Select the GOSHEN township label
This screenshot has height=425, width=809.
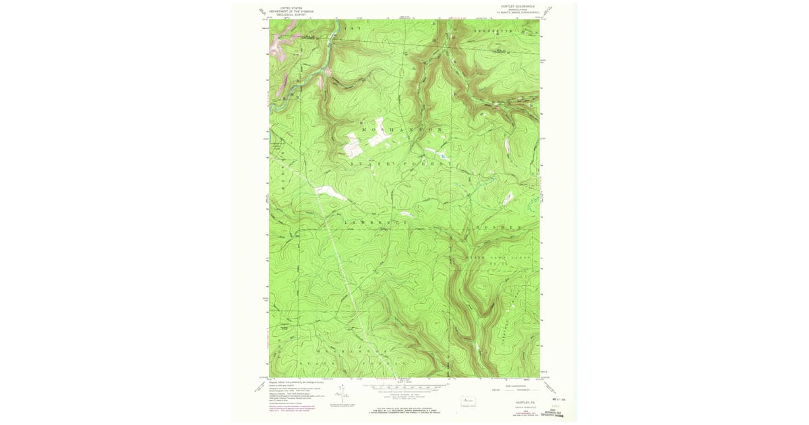pyautogui.click(x=499, y=228)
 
